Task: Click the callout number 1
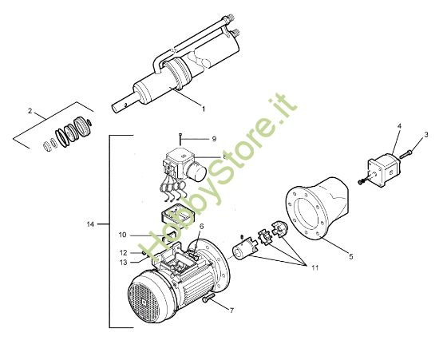coord(204,109)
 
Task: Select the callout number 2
coord(30,111)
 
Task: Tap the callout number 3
coord(426,135)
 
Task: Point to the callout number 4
coord(399,126)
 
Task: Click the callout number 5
coord(351,256)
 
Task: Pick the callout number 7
coord(231,311)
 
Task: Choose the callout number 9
coord(214,139)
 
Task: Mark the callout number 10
coord(123,235)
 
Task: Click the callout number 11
coord(315,268)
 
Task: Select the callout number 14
coord(90,224)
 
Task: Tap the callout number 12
coord(123,253)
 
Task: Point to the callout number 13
coord(123,263)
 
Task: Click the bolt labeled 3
coord(406,154)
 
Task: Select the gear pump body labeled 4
coord(385,170)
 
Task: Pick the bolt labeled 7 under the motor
coord(208,298)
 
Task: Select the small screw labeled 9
coord(180,139)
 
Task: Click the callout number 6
coord(202,227)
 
